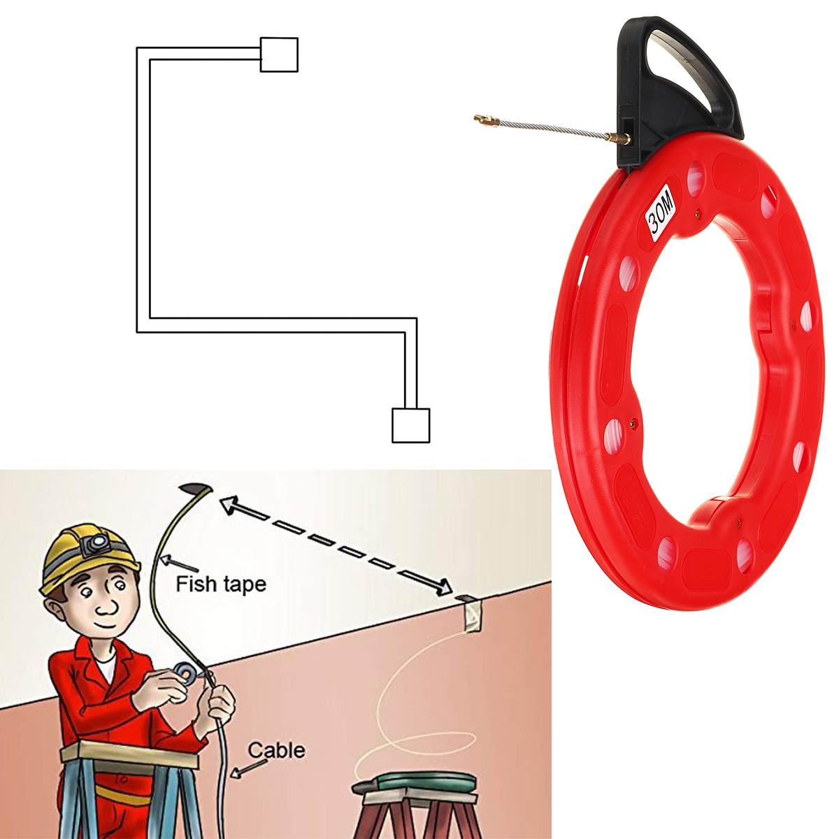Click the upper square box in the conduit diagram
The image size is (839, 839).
279,55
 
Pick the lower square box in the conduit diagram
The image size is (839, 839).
410,425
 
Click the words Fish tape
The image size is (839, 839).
221,583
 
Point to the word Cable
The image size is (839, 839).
276,750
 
